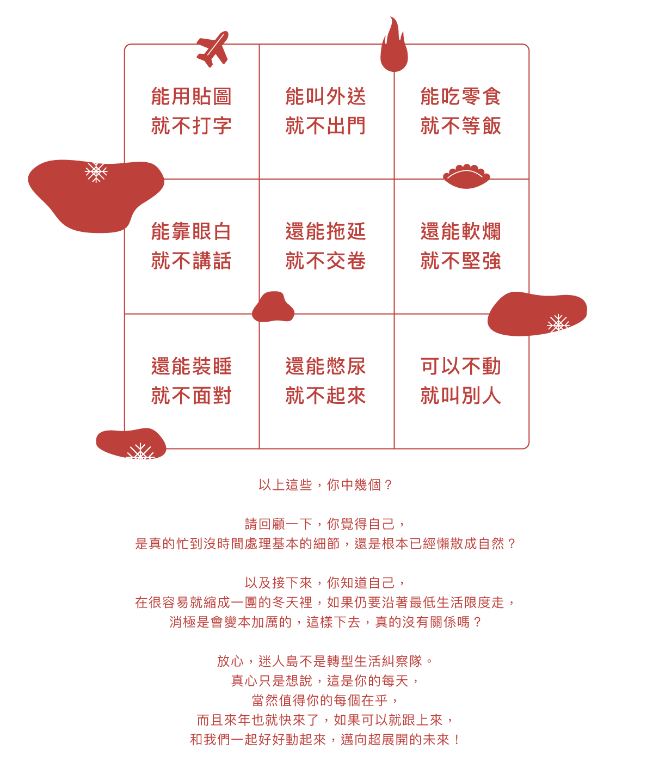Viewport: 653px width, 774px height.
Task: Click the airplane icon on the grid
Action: [x=213, y=50]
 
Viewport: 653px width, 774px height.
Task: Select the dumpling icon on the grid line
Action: [x=466, y=176]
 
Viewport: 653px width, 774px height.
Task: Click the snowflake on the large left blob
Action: [x=96, y=173]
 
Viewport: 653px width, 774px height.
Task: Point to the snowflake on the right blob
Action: [x=558, y=324]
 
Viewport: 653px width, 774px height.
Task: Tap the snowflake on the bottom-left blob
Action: [x=140, y=452]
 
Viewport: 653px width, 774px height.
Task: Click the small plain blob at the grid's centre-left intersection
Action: [x=273, y=306]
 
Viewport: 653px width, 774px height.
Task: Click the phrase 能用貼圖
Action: [x=191, y=96]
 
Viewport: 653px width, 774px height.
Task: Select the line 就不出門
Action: [x=326, y=126]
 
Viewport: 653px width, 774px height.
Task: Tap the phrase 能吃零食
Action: [x=461, y=96]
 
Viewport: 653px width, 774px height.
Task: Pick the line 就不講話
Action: [x=191, y=261]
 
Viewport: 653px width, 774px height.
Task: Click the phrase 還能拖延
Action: [x=326, y=231]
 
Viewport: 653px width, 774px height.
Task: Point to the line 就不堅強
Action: [x=461, y=261]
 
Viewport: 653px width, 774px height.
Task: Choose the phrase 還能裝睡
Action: [x=191, y=366]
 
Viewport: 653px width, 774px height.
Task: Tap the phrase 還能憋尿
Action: [x=326, y=366]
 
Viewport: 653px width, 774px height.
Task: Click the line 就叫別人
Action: [x=461, y=396]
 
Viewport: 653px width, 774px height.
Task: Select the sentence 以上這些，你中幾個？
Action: [x=325, y=485]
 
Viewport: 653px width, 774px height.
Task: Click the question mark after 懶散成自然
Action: [x=512, y=544]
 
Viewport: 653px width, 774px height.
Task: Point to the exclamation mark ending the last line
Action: [x=457, y=740]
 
